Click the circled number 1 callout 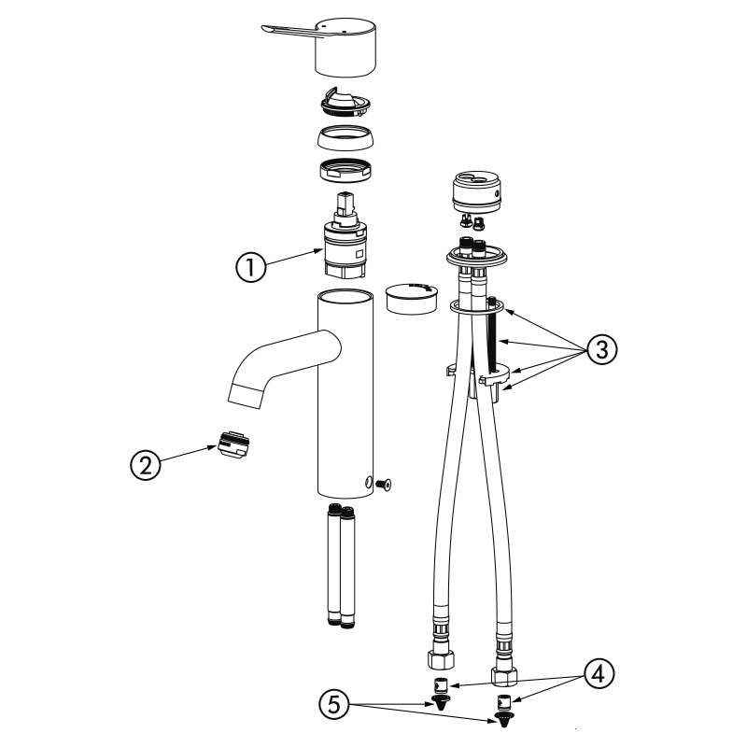250,267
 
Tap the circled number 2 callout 146,465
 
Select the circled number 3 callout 602,350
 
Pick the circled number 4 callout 599,673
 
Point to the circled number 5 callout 335,705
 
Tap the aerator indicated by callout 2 233,444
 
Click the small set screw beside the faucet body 385,484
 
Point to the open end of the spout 246,395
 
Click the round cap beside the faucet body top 411,298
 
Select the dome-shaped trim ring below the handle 345,138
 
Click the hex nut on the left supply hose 441,660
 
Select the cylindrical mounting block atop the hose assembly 476,191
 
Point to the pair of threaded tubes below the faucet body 341,566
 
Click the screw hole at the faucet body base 367,482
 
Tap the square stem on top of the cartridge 344,204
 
